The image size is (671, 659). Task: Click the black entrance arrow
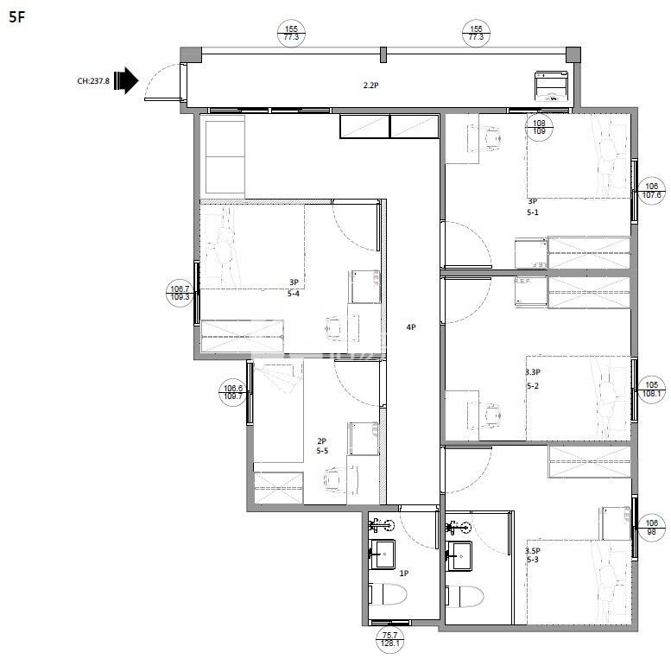click(126, 81)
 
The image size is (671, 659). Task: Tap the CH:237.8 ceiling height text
click(93, 82)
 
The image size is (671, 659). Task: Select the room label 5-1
click(535, 212)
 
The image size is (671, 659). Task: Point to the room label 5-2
click(534, 385)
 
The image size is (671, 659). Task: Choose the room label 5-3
click(534, 560)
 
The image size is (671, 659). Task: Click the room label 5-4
click(294, 293)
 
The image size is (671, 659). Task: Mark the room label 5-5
click(322, 451)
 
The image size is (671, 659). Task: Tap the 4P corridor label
click(412, 327)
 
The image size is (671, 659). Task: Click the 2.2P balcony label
click(371, 85)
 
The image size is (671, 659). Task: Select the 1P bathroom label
click(403, 573)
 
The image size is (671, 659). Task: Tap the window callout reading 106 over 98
click(652, 527)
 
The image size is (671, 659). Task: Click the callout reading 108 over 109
click(539, 129)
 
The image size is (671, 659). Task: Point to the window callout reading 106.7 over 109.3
click(180, 293)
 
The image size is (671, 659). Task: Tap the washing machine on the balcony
click(550, 87)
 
